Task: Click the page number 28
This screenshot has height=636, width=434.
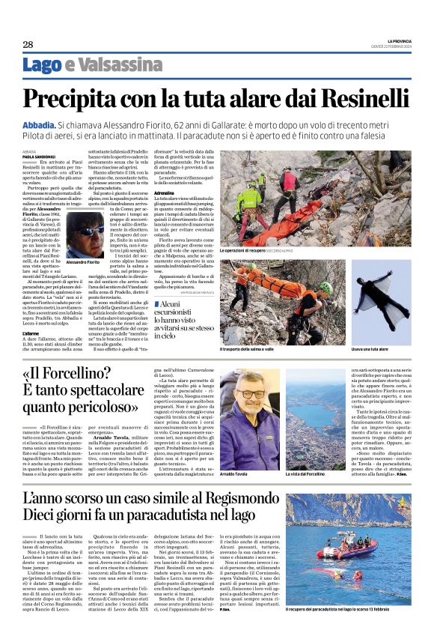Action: [27, 45]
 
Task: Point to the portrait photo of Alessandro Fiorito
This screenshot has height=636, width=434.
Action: [84, 233]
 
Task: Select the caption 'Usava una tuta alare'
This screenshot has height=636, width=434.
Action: [371, 349]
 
